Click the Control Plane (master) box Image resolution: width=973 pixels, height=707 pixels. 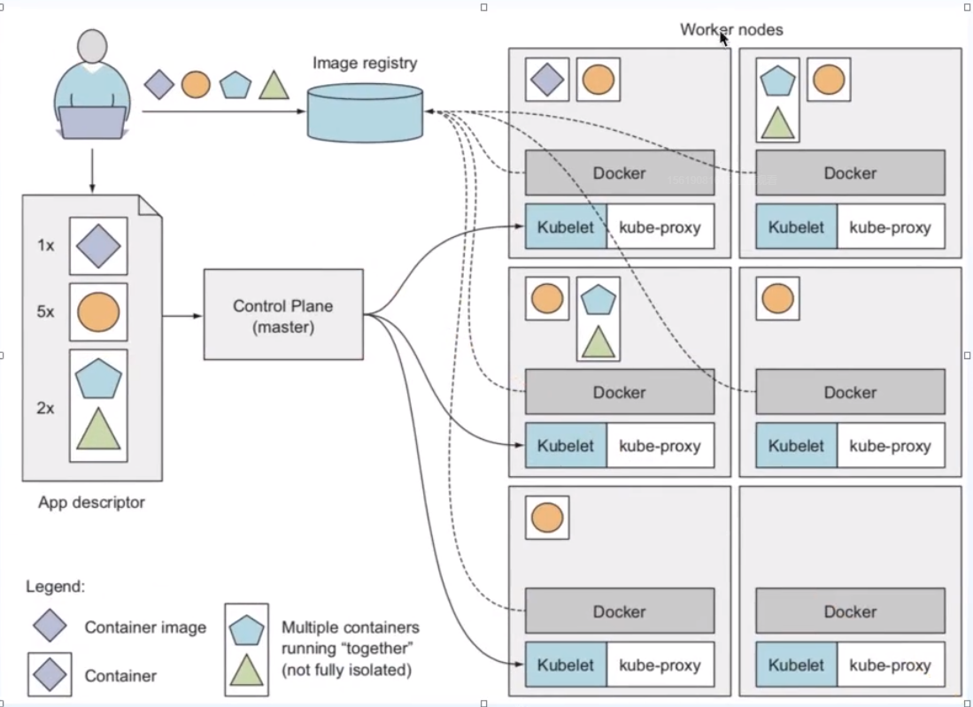click(x=283, y=315)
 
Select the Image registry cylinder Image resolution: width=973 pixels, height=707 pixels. click(x=365, y=112)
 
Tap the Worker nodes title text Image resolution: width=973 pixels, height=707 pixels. click(x=731, y=29)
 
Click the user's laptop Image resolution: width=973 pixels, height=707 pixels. click(x=92, y=122)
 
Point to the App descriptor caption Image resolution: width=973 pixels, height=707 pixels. click(x=91, y=503)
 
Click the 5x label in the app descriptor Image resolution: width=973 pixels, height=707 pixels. click(x=46, y=312)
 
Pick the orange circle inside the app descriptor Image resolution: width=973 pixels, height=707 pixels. click(x=98, y=312)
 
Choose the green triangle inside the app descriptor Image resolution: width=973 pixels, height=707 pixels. click(x=98, y=429)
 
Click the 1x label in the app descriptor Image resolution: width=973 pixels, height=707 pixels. click(x=46, y=245)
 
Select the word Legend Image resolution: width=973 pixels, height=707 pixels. click(x=56, y=586)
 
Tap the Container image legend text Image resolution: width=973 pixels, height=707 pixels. click(x=145, y=627)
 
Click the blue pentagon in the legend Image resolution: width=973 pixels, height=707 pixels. click(x=246, y=629)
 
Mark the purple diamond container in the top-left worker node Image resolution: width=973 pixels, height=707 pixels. click(x=547, y=80)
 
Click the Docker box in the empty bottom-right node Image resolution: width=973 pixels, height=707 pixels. click(x=850, y=611)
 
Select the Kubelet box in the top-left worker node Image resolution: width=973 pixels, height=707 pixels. click(x=566, y=227)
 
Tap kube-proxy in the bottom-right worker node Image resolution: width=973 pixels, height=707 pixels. click(x=890, y=665)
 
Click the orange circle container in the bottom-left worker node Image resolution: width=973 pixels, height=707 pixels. click(x=547, y=518)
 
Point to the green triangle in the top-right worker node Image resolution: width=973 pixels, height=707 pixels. click(x=777, y=122)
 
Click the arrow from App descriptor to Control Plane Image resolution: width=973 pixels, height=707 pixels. click(x=183, y=315)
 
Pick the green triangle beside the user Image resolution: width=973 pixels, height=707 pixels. click(x=274, y=86)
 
